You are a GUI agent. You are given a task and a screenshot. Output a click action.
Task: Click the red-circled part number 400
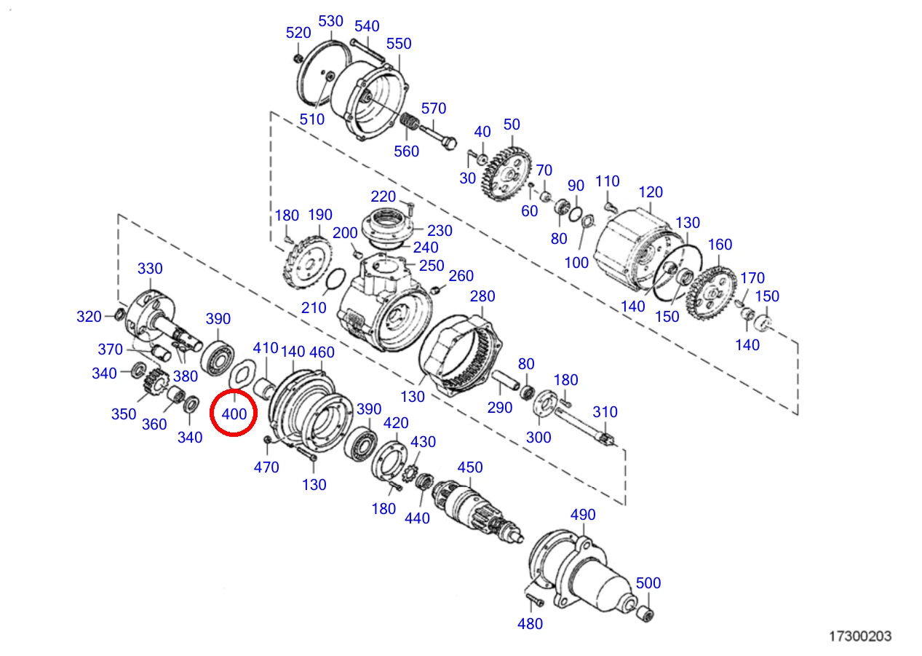[x=234, y=414]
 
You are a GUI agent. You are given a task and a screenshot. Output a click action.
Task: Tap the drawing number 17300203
[x=860, y=636]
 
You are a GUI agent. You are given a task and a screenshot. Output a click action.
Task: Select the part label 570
[x=434, y=108]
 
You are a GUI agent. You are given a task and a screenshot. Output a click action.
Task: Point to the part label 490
[x=583, y=514]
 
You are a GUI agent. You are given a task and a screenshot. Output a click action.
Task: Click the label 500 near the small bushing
[x=648, y=582]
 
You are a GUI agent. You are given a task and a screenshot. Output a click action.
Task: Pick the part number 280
[x=482, y=296]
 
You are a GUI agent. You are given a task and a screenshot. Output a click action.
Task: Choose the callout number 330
[x=150, y=269]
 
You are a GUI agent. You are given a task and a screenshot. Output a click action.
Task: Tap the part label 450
[x=470, y=467]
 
